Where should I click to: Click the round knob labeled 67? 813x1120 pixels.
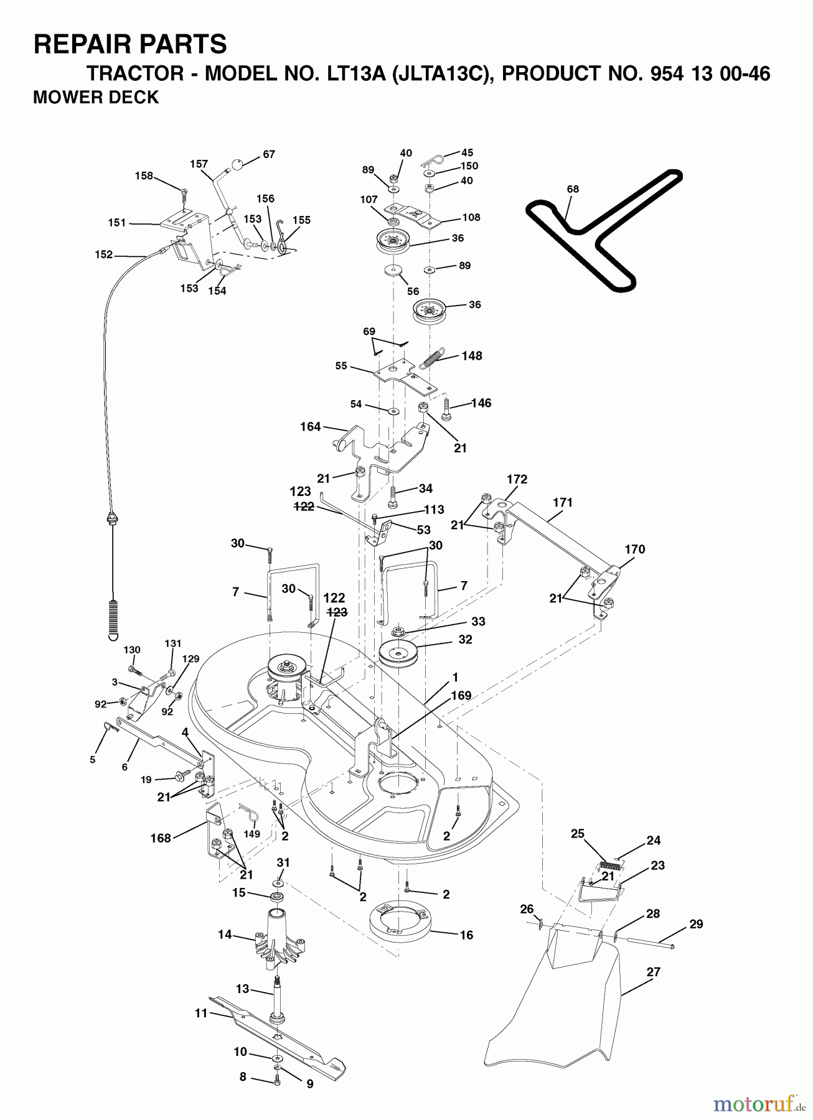click(x=238, y=165)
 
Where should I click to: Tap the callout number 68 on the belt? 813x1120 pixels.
click(x=573, y=189)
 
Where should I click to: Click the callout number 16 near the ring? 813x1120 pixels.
click(x=467, y=935)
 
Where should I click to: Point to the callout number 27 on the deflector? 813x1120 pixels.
click(x=654, y=972)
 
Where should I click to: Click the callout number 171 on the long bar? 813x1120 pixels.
click(x=562, y=502)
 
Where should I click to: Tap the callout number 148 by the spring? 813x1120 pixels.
click(x=472, y=356)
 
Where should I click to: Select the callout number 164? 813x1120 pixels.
click(x=310, y=426)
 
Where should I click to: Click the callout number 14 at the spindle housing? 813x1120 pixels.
click(x=225, y=934)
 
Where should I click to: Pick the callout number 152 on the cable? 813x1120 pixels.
click(x=104, y=254)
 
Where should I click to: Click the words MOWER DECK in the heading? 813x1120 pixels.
click(x=96, y=98)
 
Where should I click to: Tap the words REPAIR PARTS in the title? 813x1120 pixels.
click(x=130, y=45)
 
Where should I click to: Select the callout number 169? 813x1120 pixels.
click(x=461, y=696)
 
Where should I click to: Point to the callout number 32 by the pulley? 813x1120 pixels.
click(x=465, y=639)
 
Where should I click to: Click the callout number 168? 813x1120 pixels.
click(x=161, y=838)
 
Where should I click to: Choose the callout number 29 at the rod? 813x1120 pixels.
click(x=696, y=924)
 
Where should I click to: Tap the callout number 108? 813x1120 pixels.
click(x=471, y=217)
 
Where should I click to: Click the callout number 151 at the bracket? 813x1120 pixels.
click(x=117, y=222)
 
